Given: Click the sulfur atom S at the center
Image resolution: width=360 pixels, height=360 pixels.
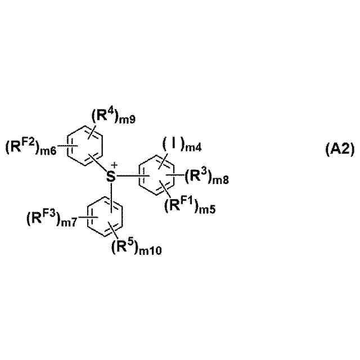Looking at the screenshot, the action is point(111,176).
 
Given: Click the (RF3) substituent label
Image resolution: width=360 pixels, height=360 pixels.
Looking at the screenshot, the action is point(43,217).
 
